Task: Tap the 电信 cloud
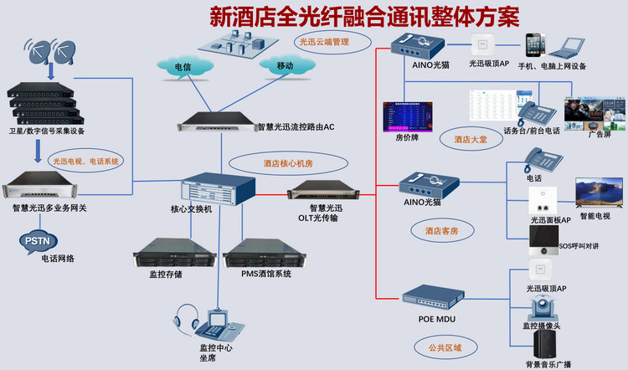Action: [x=183, y=66]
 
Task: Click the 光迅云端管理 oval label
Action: [x=323, y=40]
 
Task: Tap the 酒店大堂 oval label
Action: [x=470, y=140]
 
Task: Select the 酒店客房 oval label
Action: [x=441, y=230]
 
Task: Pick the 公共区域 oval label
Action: [x=438, y=346]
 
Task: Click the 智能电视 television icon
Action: [x=599, y=193]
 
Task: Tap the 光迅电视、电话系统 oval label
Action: [x=86, y=160]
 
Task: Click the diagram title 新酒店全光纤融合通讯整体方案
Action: [x=364, y=16]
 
